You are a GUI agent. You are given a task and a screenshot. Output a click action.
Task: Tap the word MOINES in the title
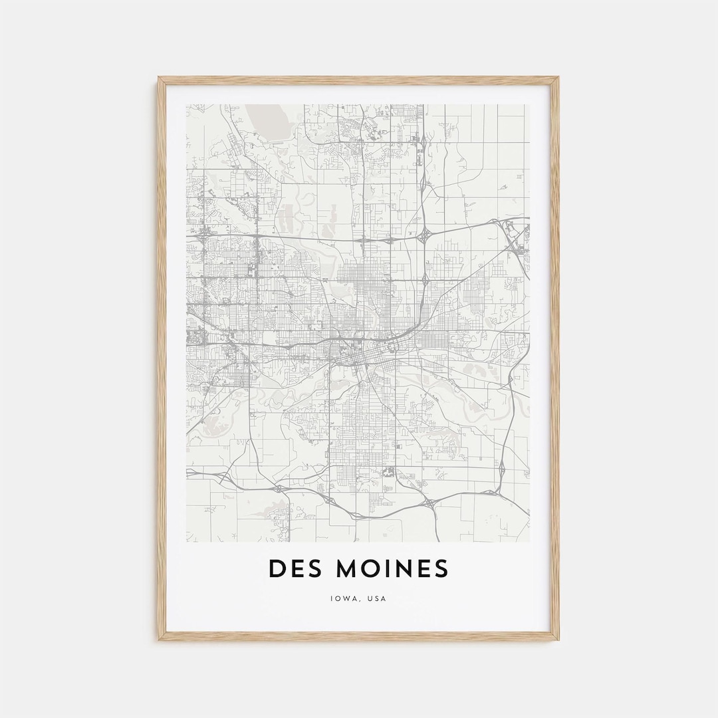pyautogui.click(x=392, y=569)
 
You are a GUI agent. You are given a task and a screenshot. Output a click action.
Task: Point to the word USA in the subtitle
pyautogui.click(x=376, y=598)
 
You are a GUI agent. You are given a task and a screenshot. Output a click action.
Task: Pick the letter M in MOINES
pyautogui.click(x=348, y=569)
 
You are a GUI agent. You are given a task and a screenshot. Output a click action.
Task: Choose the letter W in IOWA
pyautogui.click(x=345, y=598)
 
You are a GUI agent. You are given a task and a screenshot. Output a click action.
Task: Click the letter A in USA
pyautogui.click(x=383, y=598)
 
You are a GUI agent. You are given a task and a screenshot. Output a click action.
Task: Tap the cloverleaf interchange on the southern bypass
pyautogui.click(x=428, y=503)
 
